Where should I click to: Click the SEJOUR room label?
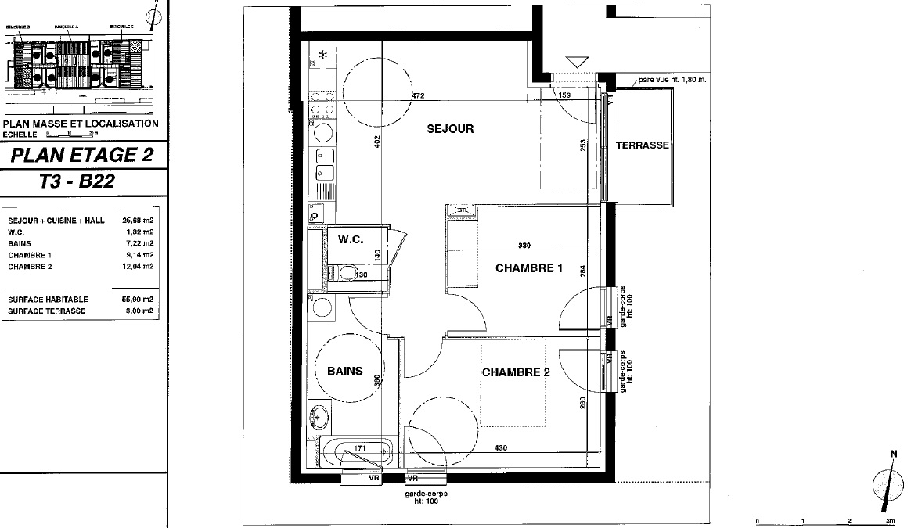coord(450,129)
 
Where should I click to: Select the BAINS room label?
coord(344,371)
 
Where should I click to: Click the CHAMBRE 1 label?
coord(529,268)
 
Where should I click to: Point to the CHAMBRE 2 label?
coord(515,372)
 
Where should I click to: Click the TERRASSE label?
coord(642,145)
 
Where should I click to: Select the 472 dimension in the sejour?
coord(418,96)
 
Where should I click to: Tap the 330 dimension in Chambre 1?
coord(524,246)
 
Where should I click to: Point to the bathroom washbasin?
coord(319,415)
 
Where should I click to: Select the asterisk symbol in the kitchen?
coord(322,56)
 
